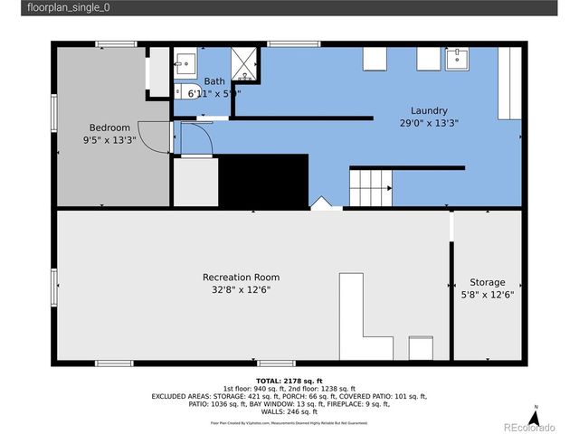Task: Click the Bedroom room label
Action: tap(109, 127)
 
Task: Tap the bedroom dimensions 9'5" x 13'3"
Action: tap(109, 140)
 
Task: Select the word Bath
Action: tap(214, 81)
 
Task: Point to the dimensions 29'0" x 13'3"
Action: tap(429, 123)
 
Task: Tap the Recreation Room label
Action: tap(241, 278)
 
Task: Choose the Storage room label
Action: tap(487, 282)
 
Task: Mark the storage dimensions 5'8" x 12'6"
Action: tap(487, 295)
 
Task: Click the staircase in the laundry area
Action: tap(369, 188)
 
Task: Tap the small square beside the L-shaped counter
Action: tap(421, 349)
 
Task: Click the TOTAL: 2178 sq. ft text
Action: tap(289, 381)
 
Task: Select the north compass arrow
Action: tap(536, 419)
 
